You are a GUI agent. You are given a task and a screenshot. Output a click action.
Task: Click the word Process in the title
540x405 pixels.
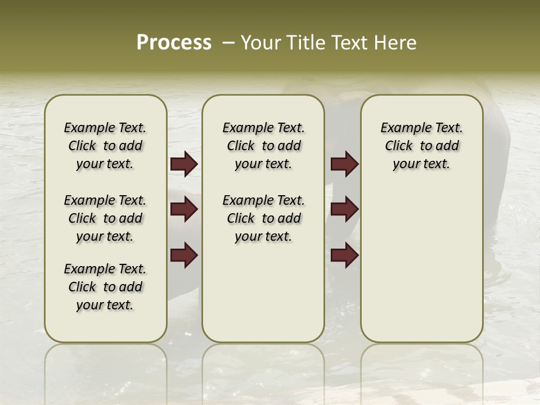pos(174,43)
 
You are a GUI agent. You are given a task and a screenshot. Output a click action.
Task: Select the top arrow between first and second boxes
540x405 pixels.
pos(184,164)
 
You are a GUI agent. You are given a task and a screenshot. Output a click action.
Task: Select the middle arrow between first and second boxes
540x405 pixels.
pos(184,210)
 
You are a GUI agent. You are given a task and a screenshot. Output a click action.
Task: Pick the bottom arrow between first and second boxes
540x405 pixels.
pos(184,255)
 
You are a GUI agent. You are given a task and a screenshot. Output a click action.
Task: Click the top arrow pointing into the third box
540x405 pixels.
pos(345,164)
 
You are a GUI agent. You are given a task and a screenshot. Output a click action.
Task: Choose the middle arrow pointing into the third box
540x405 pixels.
pos(345,210)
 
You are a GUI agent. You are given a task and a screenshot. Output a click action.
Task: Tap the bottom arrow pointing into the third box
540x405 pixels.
pos(345,255)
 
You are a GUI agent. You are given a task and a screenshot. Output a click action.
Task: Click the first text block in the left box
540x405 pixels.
pos(105,146)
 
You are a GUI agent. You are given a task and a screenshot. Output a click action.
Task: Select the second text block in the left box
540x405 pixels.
pos(105,218)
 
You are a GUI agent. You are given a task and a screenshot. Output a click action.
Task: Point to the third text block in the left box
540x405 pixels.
pos(105,287)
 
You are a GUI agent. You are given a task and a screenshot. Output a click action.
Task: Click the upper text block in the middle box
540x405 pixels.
pos(263,146)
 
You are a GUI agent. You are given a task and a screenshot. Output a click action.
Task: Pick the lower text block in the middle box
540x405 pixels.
pos(263,218)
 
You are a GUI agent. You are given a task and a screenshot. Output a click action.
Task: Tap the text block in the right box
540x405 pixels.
pos(421,146)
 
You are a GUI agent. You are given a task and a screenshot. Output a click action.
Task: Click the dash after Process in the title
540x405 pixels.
pos(228,43)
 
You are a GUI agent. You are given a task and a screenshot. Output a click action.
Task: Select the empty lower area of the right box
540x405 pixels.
pos(421,264)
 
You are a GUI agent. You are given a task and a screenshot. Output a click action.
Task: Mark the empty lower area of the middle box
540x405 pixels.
pos(263,292)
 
